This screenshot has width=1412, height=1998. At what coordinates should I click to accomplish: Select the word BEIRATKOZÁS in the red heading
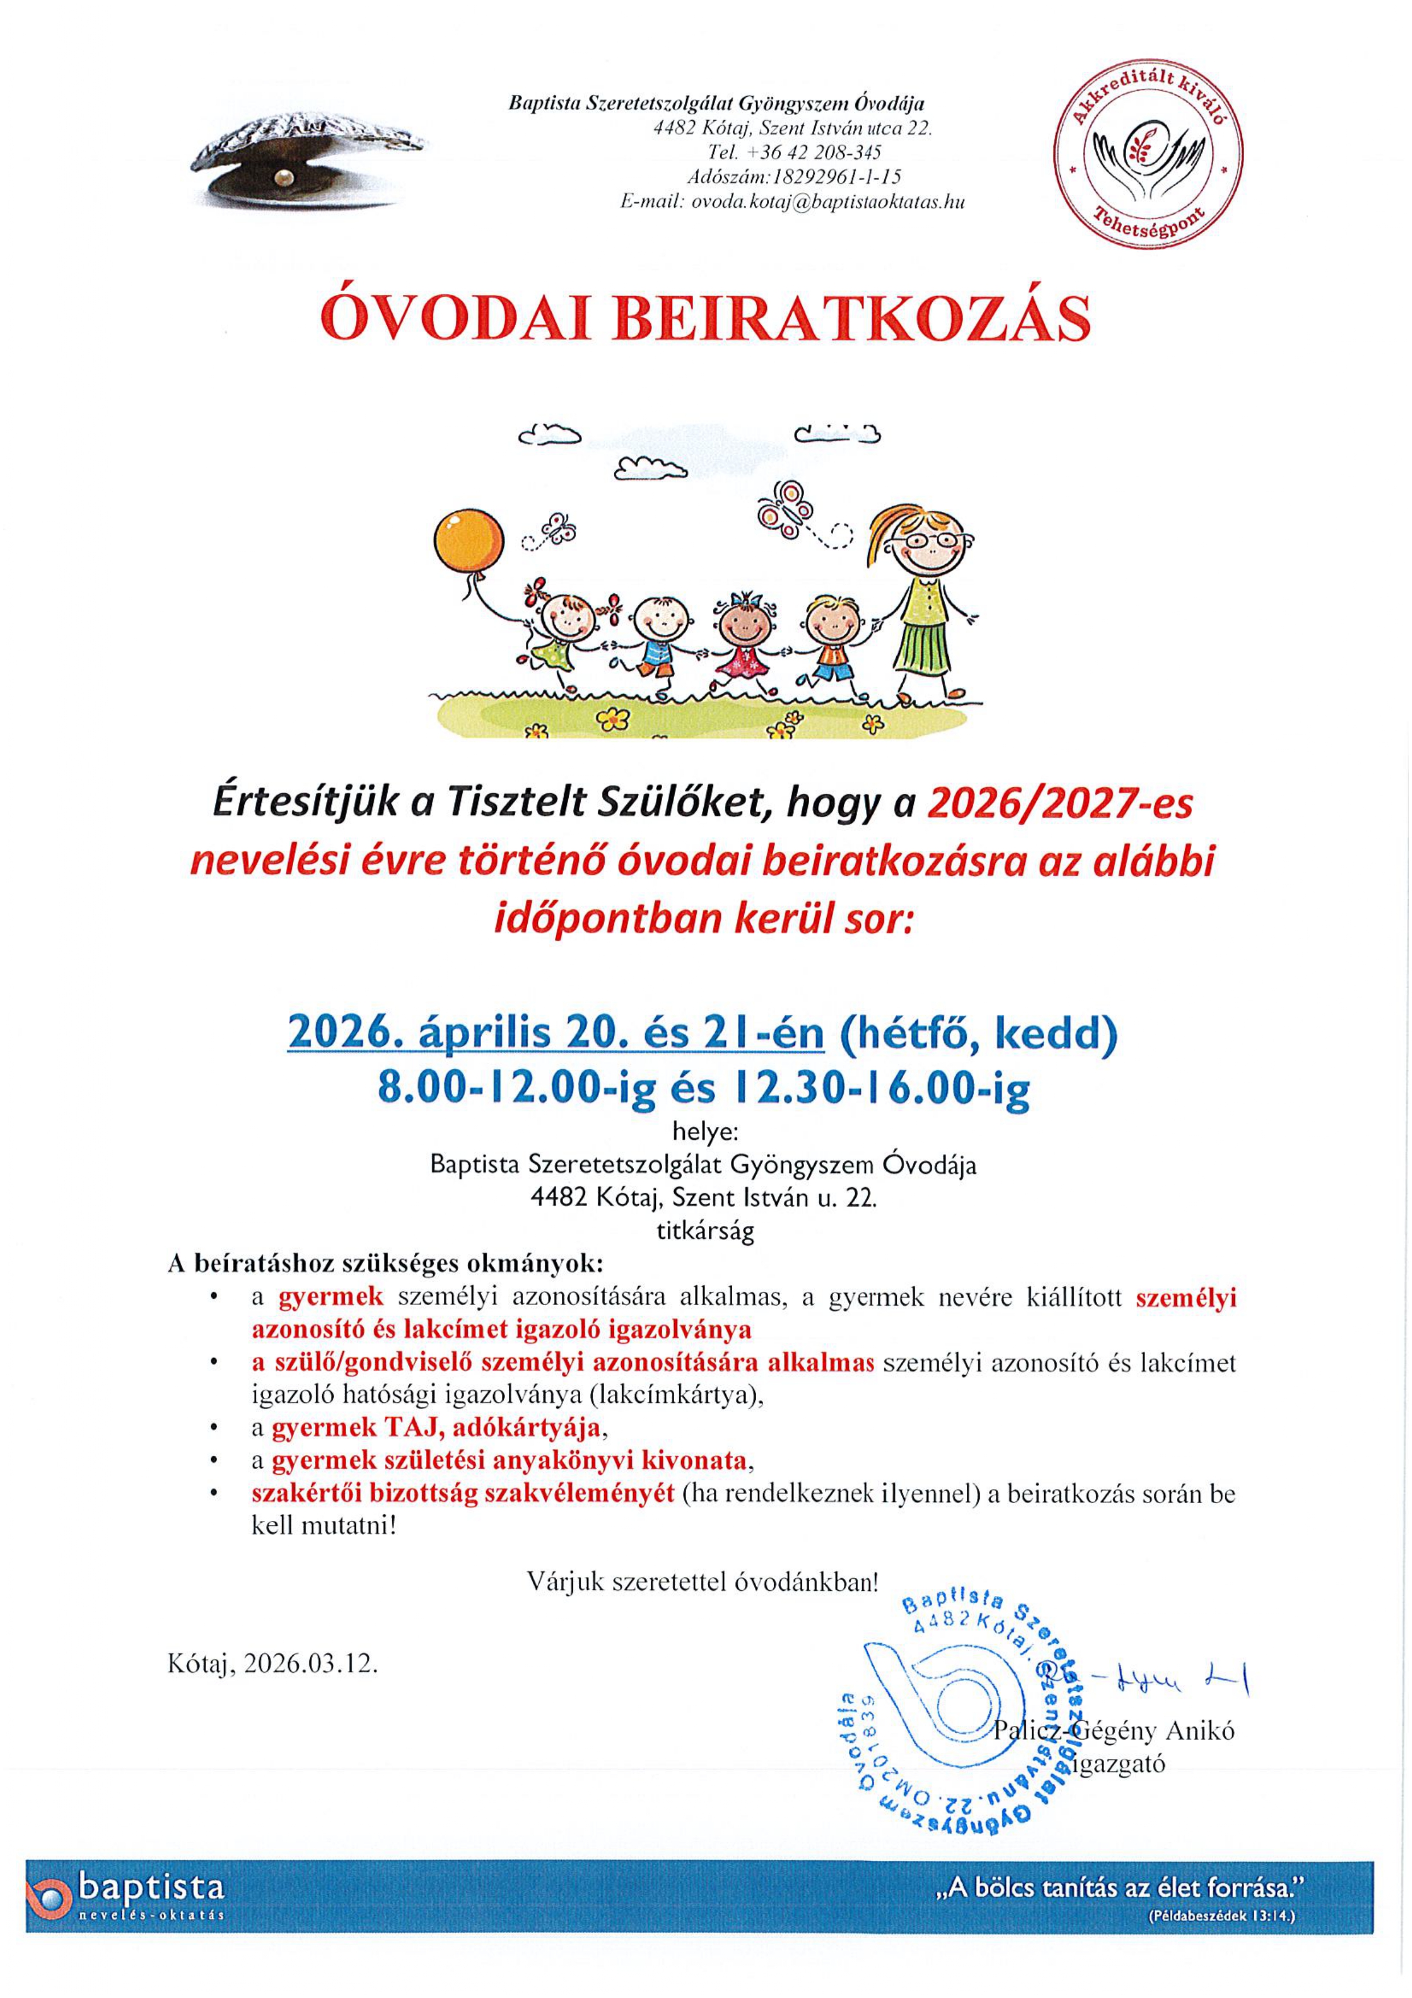(852, 319)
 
